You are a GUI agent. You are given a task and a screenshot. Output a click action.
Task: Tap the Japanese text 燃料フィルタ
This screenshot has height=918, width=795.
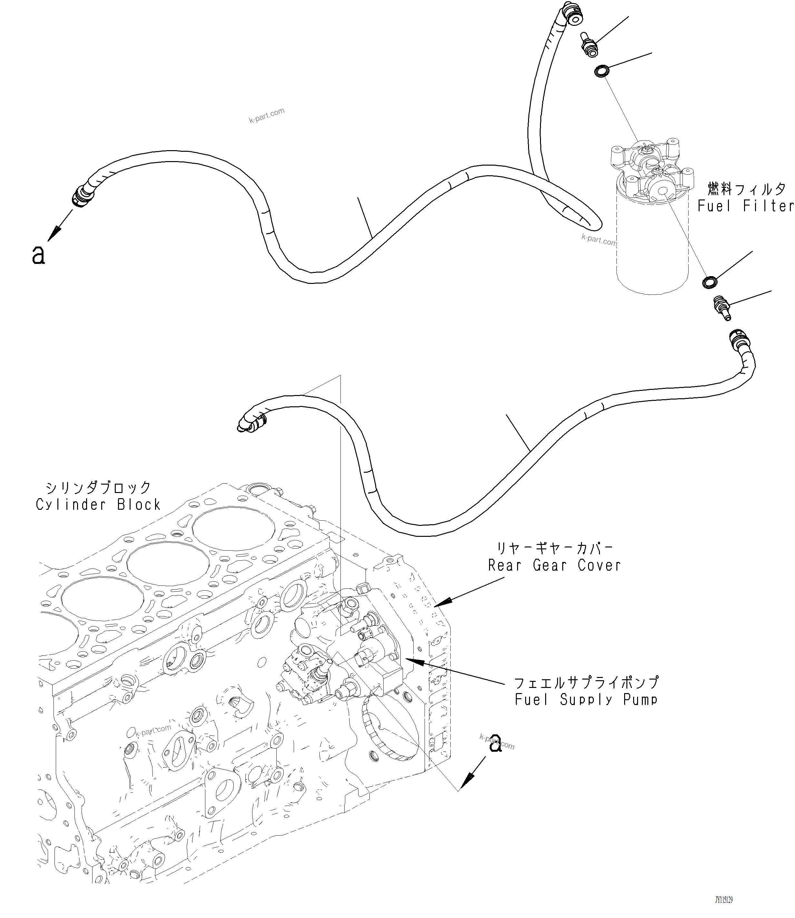[746, 189]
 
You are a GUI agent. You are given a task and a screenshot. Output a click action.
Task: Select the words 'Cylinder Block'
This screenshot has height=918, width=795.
[98, 505]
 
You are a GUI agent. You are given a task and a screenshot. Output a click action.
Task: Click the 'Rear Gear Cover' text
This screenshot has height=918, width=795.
[554, 565]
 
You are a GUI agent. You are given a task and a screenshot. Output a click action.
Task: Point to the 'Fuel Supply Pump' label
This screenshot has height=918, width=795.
[585, 700]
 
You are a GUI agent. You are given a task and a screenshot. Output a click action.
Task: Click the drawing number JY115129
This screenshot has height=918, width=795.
[723, 900]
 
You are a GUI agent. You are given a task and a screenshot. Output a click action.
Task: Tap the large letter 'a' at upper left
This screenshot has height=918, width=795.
[39, 255]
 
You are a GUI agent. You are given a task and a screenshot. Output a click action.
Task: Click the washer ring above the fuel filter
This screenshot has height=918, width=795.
[601, 71]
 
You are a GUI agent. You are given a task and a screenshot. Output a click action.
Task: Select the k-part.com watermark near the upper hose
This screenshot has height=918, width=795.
[266, 115]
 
